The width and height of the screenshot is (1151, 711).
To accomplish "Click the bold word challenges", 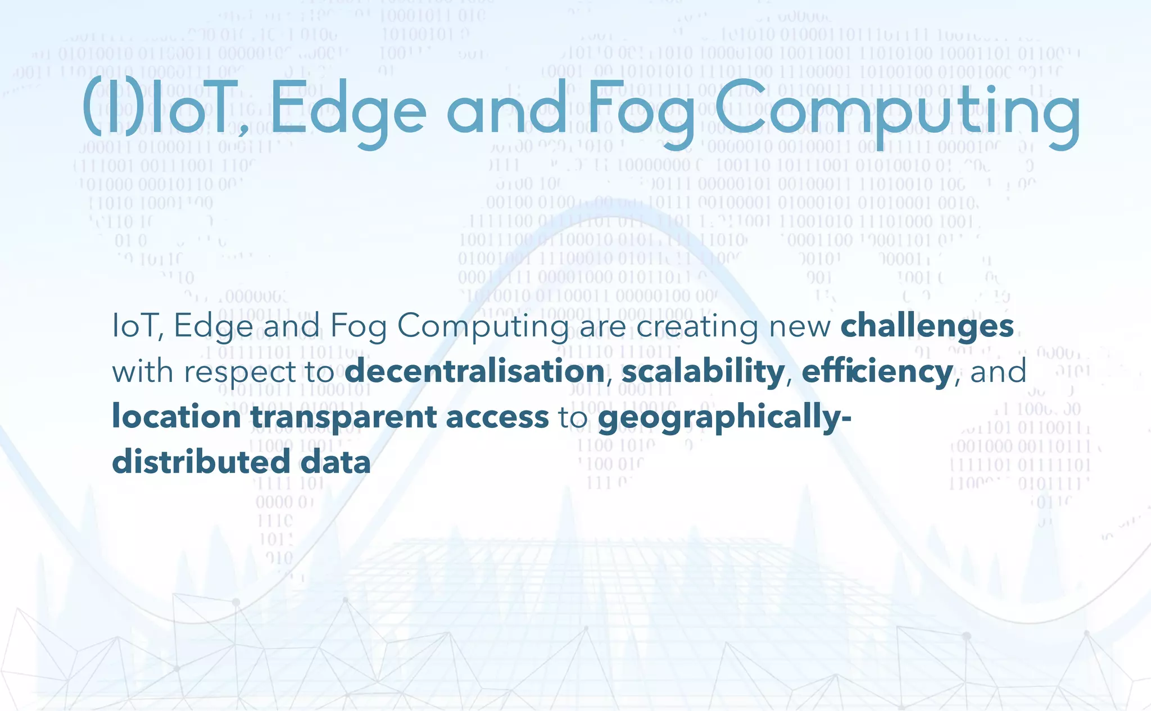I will [x=927, y=326].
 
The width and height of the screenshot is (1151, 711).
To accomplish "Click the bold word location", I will [x=176, y=417].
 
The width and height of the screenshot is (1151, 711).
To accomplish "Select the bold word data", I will [x=336, y=462].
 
